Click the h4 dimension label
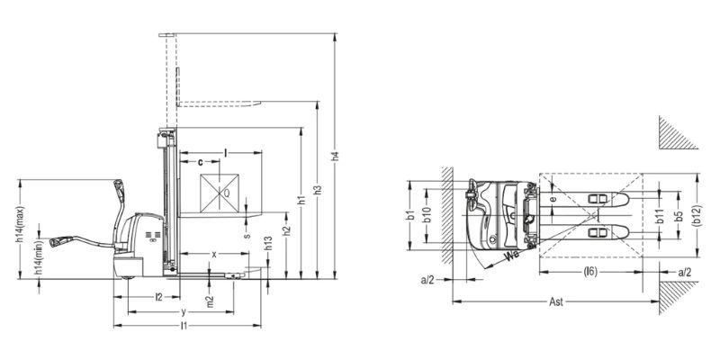pyautogui.click(x=335, y=156)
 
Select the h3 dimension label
pyautogui.click(x=318, y=190)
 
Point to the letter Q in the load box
pyautogui.click(x=227, y=193)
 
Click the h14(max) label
pyautogui.click(x=20, y=224)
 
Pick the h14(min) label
pyautogui.click(x=39, y=258)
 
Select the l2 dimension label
pyautogui.click(x=158, y=297)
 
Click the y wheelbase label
pyautogui.click(x=184, y=312)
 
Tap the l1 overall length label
pyautogui.click(x=184, y=326)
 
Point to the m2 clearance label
pyautogui.click(x=210, y=301)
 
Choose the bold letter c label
pyautogui.click(x=200, y=162)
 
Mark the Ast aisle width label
pyautogui.click(x=556, y=301)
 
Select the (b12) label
pyautogui.click(x=697, y=215)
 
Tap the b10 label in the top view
pyautogui.click(x=427, y=215)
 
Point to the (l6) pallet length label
pyautogui.click(x=590, y=272)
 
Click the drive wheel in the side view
pyautogui.click(x=127, y=274)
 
